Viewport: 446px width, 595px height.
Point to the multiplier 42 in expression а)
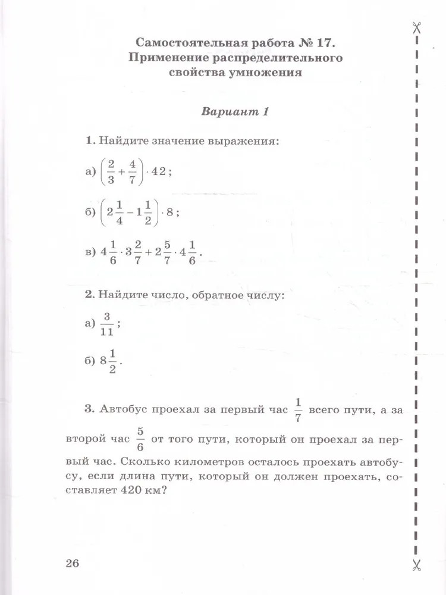coord(159,172)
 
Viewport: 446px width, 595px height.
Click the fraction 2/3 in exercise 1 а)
coord(111,172)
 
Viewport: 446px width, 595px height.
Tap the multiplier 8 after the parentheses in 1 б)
coord(169,212)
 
